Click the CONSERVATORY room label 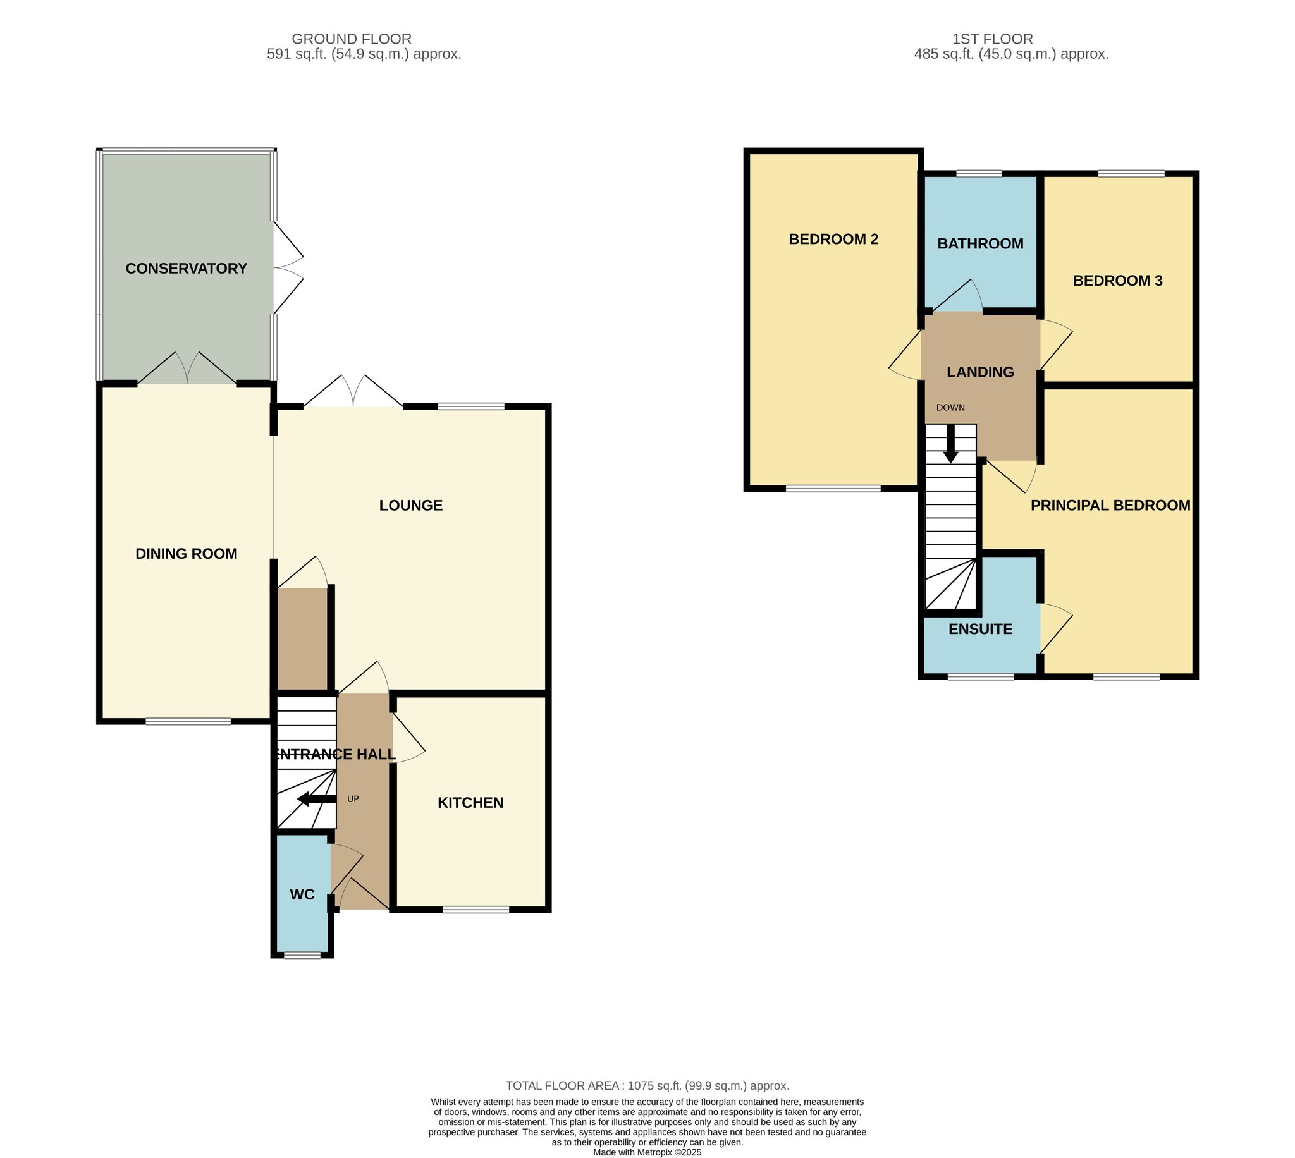pos(186,269)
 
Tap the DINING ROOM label pos(187,554)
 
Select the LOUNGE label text pos(410,505)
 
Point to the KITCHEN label pos(470,802)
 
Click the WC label pos(302,894)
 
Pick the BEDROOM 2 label pos(833,239)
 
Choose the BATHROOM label pos(980,243)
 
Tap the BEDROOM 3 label pos(1117,281)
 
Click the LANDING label pos(980,372)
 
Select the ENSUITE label pos(980,630)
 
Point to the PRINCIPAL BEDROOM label pos(1110,505)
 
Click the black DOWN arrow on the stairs pos(951,444)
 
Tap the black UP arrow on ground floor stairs pos(316,799)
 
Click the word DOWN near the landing pos(951,407)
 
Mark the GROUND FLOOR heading pos(352,39)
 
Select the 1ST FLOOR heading pos(992,39)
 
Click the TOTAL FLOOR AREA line pos(647,1085)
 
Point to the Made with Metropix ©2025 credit pos(647,1152)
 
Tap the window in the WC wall pos(302,954)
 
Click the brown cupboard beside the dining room pos(303,639)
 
